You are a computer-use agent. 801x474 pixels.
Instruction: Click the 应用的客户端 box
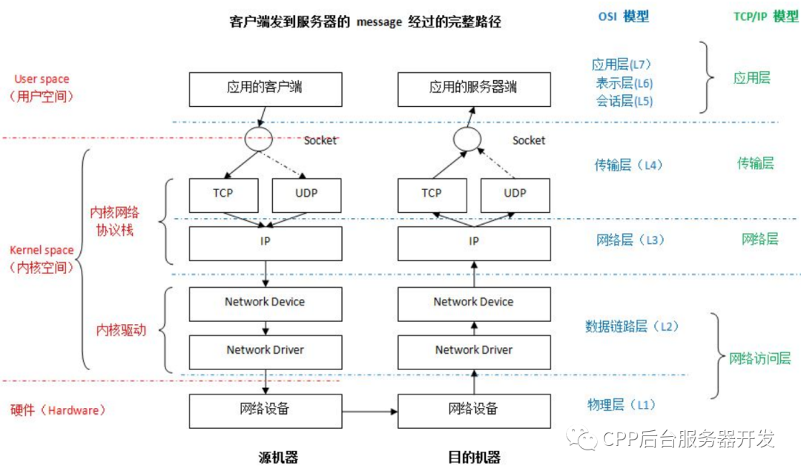(x=265, y=88)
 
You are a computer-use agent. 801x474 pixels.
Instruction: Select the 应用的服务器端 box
(x=474, y=88)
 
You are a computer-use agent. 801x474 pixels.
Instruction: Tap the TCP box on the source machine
(x=223, y=194)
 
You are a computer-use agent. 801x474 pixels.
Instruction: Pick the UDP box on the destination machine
(x=515, y=194)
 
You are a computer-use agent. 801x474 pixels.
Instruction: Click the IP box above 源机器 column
(x=265, y=243)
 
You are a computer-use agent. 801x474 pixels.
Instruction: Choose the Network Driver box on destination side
(x=474, y=350)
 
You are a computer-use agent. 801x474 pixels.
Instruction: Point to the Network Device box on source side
(x=265, y=303)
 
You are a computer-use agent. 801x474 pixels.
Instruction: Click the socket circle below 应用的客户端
(x=254, y=139)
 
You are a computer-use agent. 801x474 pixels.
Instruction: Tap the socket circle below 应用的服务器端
(x=467, y=139)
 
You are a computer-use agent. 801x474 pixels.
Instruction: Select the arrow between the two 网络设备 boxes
(x=370, y=410)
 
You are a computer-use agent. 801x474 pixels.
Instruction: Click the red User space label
(x=42, y=79)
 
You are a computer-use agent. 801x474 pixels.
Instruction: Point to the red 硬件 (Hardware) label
(x=58, y=410)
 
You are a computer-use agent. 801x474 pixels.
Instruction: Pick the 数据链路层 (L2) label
(x=632, y=326)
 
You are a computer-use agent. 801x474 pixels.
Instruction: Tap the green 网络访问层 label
(x=759, y=359)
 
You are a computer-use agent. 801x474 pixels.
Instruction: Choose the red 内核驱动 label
(x=121, y=331)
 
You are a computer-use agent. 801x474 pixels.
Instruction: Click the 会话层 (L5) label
(x=624, y=102)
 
